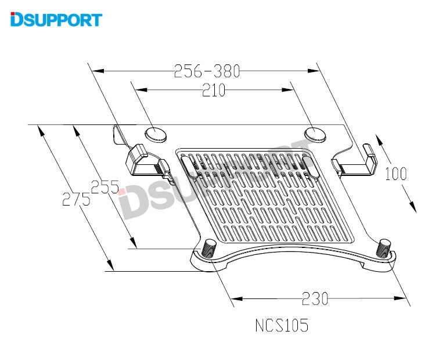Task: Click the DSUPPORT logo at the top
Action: (x=56, y=19)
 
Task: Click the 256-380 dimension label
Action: (x=207, y=71)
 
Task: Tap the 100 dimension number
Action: (x=395, y=174)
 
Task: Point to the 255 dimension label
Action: (x=105, y=187)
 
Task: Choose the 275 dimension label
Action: (x=76, y=200)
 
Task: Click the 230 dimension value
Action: (x=315, y=298)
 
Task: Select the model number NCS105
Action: (x=282, y=325)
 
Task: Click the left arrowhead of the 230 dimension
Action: (x=238, y=299)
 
